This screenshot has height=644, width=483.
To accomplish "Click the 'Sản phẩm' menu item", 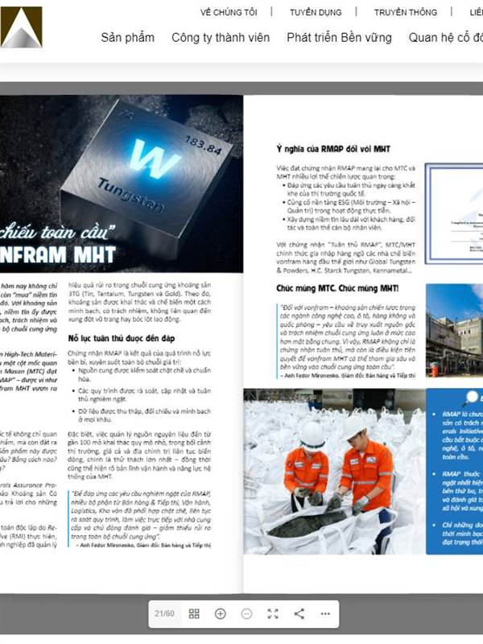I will (127, 38).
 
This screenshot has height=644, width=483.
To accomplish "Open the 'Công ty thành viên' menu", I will (220, 38).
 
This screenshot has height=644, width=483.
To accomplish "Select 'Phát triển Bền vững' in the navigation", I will (339, 38).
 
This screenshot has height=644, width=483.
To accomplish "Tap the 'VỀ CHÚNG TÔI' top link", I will (229, 12).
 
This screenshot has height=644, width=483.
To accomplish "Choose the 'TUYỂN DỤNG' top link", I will (316, 12).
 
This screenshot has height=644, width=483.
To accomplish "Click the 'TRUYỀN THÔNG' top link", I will (406, 12).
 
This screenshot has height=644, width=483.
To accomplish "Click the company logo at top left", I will (21, 27).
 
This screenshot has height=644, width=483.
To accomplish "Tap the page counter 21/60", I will (164, 613).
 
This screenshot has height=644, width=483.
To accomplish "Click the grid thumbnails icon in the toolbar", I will (194, 613).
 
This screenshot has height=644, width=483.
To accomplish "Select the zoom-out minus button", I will (246, 613).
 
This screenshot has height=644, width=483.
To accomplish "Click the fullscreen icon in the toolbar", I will (273, 613).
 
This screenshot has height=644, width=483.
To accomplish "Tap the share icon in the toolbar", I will (299, 613).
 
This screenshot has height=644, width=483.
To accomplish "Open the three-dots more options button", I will (325, 613).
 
